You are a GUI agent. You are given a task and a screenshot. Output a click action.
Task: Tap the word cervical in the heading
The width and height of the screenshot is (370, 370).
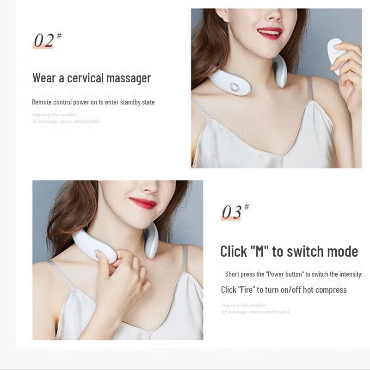tap(86, 78)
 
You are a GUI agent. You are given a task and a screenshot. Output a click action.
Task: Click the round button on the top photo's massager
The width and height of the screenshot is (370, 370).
tap(236, 87)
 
